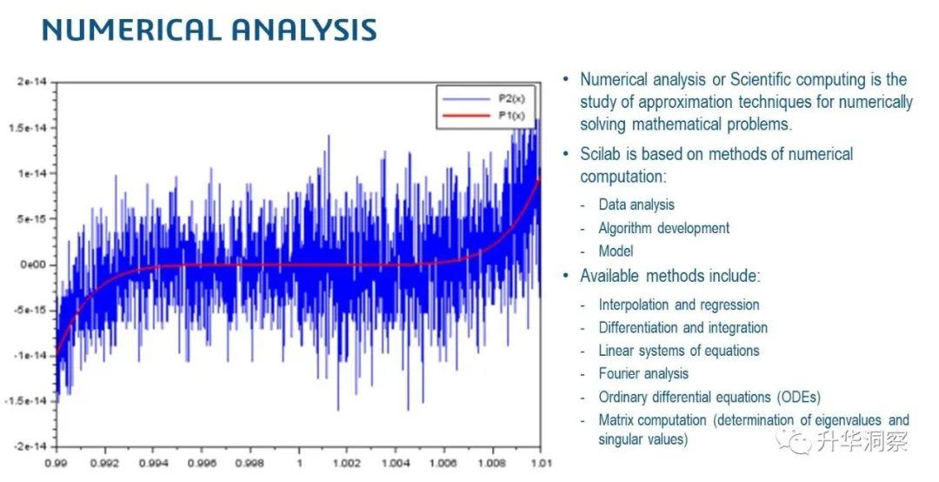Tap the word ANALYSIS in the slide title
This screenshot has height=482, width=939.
(x=304, y=30)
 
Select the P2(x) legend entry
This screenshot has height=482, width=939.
(x=482, y=99)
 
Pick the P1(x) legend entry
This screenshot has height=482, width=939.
(x=482, y=116)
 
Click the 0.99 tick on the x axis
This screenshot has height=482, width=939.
(x=57, y=464)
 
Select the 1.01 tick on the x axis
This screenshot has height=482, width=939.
(x=541, y=464)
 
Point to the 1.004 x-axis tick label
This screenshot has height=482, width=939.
(x=396, y=464)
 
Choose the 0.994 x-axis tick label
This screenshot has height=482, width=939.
(x=153, y=464)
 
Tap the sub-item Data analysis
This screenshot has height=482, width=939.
(x=636, y=205)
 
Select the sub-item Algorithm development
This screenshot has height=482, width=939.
(x=664, y=229)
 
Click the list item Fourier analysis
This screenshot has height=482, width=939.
(x=643, y=374)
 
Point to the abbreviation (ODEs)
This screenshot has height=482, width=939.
(x=799, y=398)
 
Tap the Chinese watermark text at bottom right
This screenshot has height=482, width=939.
(x=862, y=441)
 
